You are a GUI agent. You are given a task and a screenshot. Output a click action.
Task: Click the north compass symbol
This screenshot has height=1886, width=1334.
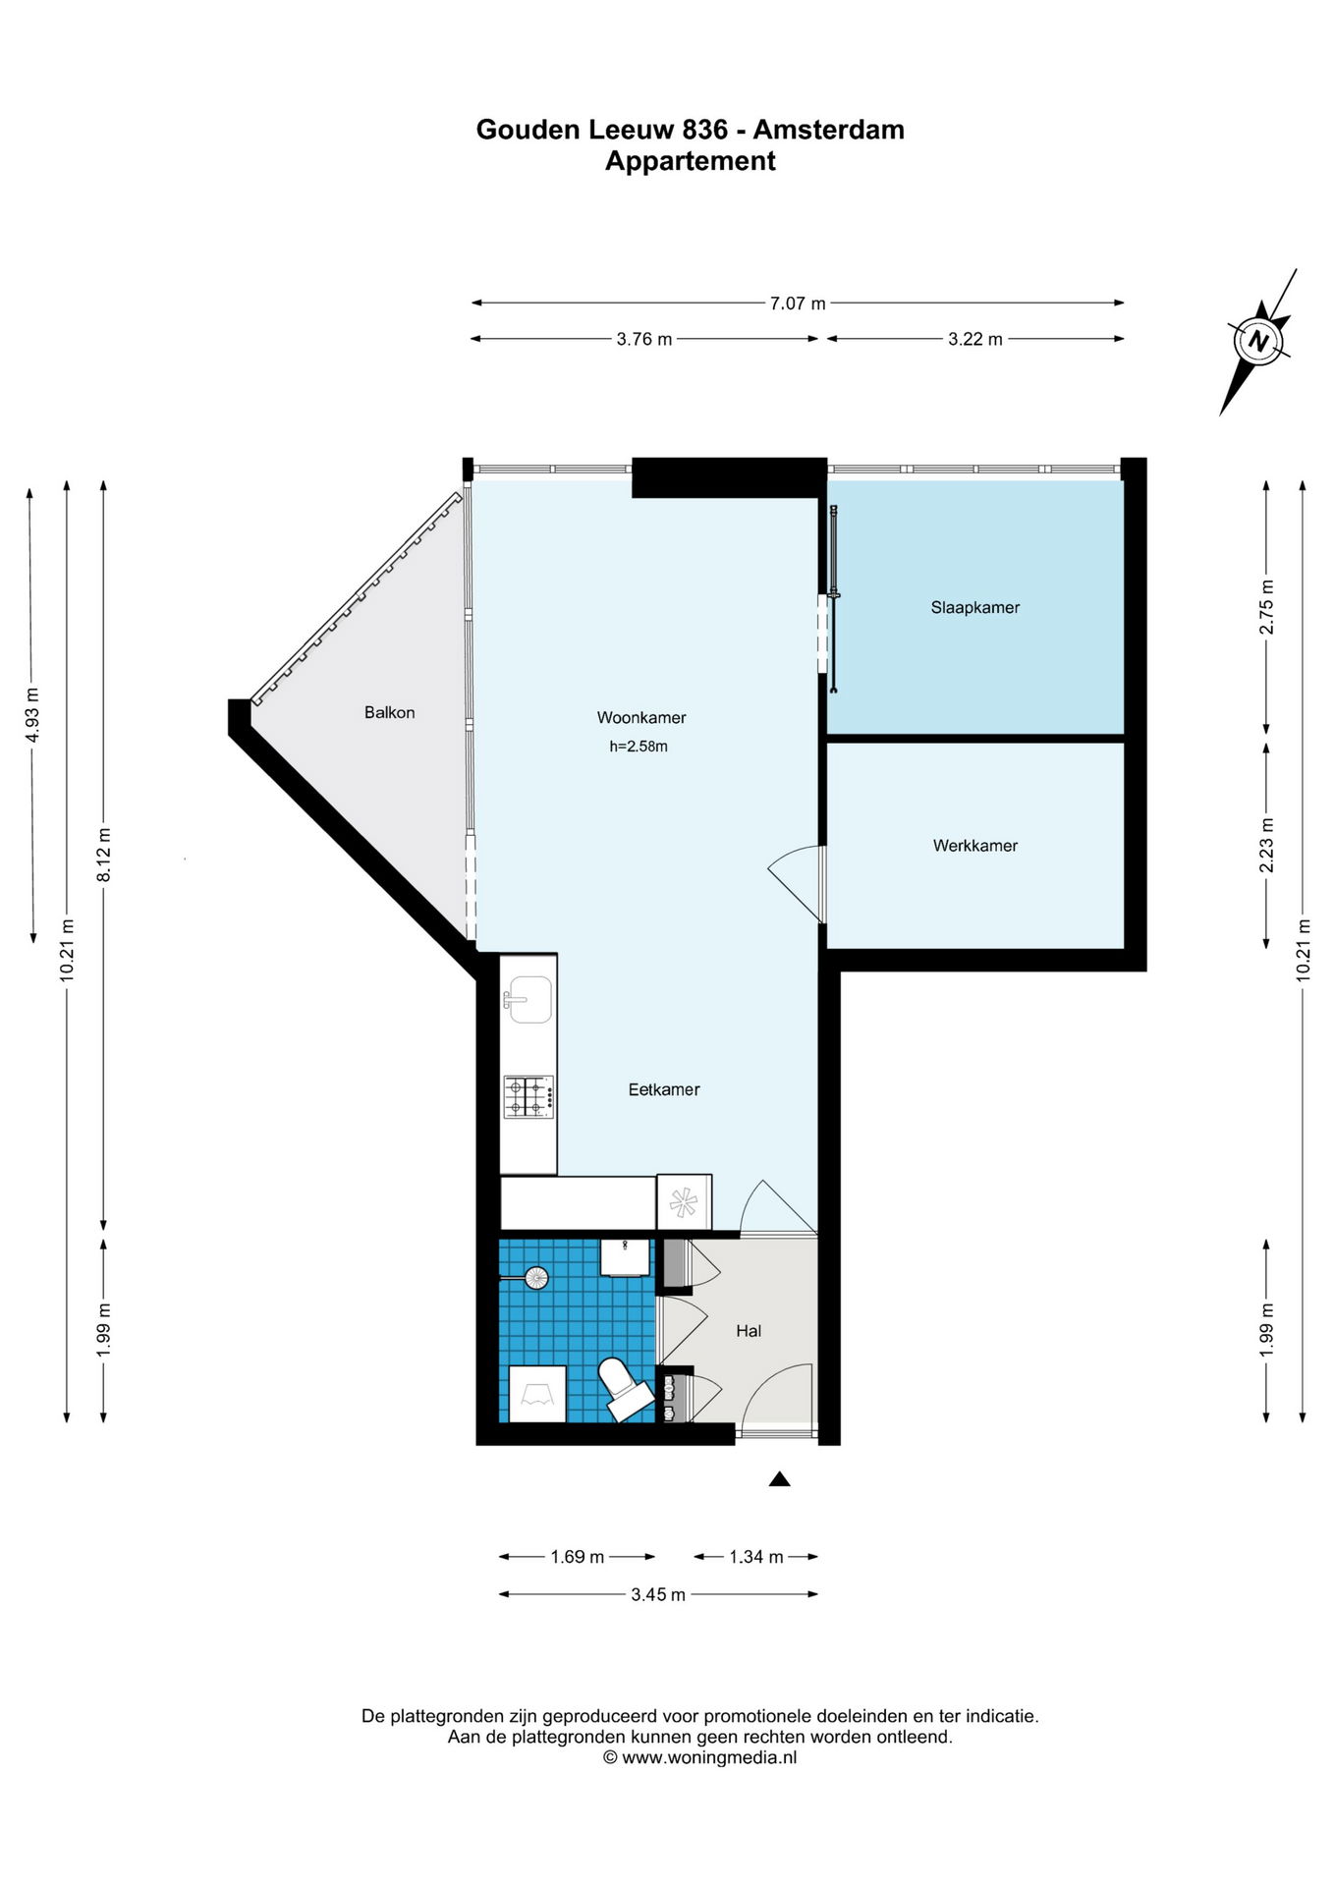tap(1258, 342)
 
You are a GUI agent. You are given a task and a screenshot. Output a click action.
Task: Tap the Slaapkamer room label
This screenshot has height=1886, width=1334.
tap(974, 608)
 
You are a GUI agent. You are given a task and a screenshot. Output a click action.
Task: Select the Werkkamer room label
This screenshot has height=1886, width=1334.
tap(974, 846)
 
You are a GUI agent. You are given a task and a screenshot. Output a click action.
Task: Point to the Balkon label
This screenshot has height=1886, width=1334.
tap(389, 713)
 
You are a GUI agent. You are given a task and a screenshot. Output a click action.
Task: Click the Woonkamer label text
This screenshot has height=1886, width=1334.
tap(640, 718)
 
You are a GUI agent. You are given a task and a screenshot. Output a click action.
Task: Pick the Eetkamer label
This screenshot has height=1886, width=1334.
tap(664, 1089)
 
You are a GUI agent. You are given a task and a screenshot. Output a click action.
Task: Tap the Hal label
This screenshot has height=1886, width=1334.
tap(749, 1331)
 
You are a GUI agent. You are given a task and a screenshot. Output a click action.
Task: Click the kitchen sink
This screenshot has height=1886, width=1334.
tap(528, 1000)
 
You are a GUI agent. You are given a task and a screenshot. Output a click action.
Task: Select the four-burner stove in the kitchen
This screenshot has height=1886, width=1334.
tap(528, 1097)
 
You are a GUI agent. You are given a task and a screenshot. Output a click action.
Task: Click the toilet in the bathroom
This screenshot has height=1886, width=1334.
tap(623, 1387)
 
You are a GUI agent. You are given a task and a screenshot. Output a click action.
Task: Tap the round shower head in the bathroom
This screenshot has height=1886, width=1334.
tap(535, 1278)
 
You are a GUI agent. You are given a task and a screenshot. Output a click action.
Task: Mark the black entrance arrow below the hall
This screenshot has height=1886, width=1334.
tap(779, 1478)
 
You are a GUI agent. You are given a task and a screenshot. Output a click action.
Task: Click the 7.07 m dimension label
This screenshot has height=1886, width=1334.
tap(798, 304)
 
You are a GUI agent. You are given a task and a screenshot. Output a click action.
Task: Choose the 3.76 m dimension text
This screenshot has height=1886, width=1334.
tap(644, 340)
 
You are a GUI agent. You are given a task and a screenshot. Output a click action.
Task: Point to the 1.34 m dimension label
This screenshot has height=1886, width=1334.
tap(756, 1557)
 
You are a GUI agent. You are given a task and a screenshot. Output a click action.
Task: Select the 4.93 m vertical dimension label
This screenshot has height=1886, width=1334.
tap(32, 713)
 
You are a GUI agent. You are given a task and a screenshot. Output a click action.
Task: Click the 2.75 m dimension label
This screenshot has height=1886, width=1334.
tap(1267, 607)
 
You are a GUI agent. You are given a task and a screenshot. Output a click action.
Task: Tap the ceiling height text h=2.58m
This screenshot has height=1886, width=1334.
tap(639, 747)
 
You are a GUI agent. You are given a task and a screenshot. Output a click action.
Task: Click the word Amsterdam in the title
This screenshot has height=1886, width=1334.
tap(829, 130)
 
